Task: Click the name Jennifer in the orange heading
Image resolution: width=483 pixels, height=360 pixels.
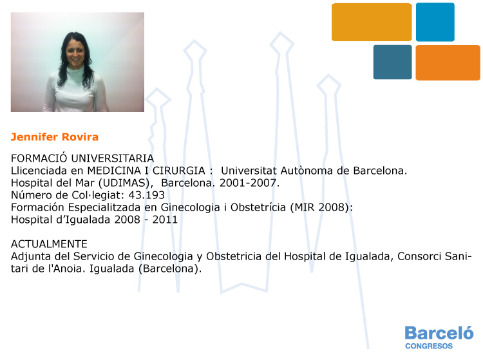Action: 35,137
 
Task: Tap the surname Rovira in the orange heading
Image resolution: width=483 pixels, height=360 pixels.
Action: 80,137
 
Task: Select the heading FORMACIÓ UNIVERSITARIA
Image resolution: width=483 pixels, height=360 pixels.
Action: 82,158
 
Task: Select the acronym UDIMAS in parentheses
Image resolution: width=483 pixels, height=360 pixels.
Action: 126,183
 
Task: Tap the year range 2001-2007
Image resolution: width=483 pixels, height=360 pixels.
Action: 249,183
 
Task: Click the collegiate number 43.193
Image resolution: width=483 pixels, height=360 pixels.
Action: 146,195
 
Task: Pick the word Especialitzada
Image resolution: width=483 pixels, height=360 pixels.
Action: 105,207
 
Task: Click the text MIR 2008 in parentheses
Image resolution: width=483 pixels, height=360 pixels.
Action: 319,207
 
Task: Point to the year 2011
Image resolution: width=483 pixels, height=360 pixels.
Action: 165,220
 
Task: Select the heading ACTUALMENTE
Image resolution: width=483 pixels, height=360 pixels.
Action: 50,244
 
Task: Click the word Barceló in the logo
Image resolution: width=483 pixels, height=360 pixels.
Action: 439,332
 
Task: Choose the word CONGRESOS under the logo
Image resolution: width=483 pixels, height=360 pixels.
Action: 429,346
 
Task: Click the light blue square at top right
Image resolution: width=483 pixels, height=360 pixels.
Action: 435,22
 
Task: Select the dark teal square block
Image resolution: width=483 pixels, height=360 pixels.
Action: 392,62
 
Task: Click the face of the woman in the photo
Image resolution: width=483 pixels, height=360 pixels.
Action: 75,53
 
